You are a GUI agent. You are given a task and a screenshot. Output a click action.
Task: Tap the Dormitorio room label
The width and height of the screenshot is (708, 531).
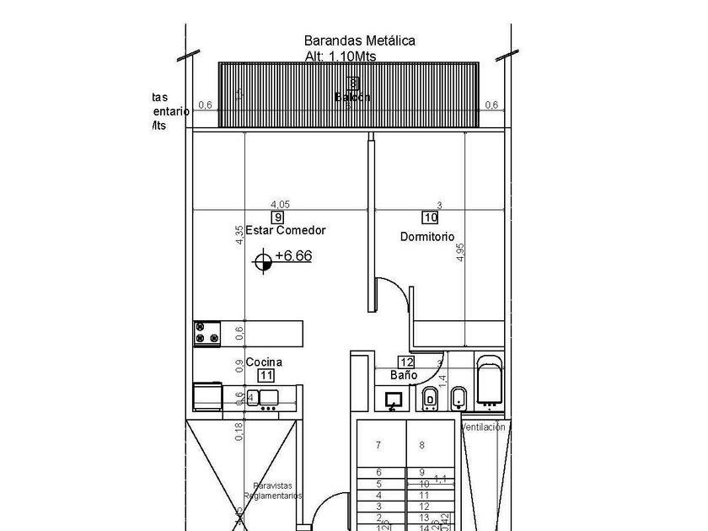point(427,237)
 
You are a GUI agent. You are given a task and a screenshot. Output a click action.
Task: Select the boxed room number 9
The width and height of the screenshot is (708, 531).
point(278,217)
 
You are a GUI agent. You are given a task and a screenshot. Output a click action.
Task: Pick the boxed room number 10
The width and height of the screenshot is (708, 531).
point(430,217)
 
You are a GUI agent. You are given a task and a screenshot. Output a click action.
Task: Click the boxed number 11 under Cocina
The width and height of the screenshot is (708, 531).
point(265,375)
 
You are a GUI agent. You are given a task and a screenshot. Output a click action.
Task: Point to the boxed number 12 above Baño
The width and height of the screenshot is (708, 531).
point(405,362)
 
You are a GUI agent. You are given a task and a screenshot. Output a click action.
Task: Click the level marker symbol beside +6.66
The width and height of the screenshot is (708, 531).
point(263,263)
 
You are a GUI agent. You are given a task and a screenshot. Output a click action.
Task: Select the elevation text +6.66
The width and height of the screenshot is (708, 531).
point(292,256)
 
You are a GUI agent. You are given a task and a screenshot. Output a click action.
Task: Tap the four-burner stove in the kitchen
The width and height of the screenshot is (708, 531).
point(206,333)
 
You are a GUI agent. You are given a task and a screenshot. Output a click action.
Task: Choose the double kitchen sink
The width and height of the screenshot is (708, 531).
point(260,398)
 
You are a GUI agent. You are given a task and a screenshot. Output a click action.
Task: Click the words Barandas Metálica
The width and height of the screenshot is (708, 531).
point(359,40)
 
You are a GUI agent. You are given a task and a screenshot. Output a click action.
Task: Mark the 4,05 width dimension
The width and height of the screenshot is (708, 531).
point(280,205)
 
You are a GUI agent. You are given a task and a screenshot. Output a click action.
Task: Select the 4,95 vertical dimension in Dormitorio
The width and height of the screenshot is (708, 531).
point(460,252)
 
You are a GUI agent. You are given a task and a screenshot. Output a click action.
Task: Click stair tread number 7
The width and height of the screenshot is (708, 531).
point(378,445)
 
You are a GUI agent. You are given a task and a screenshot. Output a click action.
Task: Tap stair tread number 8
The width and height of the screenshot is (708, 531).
point(421,445)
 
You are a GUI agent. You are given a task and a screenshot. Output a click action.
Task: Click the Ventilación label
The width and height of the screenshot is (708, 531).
point(484,427)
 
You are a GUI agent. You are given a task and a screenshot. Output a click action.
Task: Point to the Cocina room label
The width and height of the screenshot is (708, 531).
point(264,362)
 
